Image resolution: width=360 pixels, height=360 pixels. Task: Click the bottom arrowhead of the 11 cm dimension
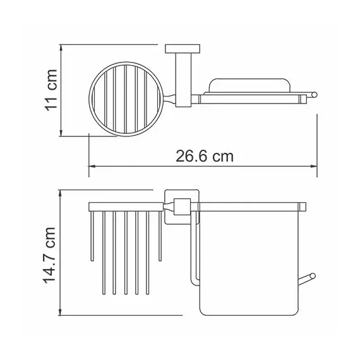click(x=61, y=133)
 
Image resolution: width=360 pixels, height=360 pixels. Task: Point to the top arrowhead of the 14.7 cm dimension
click(x=61, y=190)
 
